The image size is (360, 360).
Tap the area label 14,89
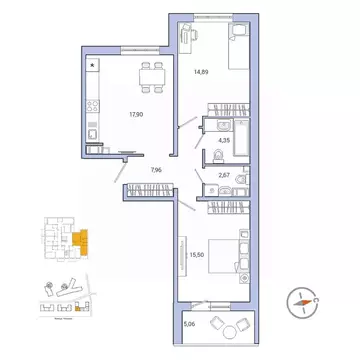[x=200, y=72]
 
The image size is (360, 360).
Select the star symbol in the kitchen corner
[x=93, y=65]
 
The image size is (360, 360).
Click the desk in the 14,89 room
[x=189, y=35]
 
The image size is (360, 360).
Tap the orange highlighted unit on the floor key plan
[x=80, y=240]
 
